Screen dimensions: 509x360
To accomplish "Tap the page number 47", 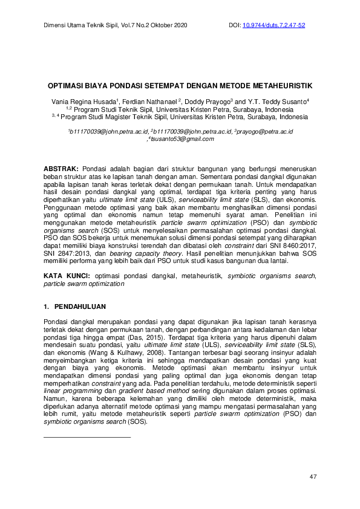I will [313, 478].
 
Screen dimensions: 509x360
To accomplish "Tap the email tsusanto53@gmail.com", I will [182, 138].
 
